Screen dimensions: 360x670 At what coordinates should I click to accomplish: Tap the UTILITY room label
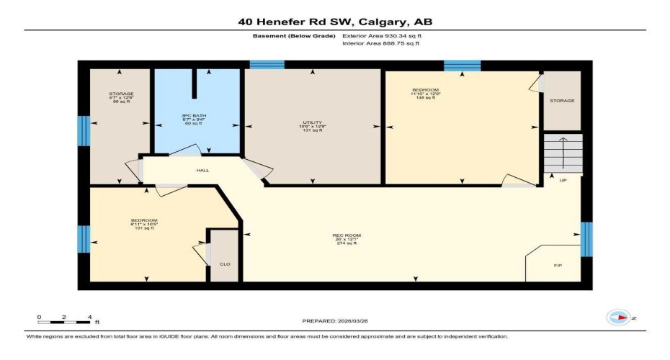coord(313,122)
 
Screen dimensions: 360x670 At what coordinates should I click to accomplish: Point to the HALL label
coord(202,171)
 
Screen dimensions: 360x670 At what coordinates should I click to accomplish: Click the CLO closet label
coord(224,265)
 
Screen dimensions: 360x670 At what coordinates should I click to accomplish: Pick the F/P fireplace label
coord(557,266)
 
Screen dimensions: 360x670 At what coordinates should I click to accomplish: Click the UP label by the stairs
coord(563,180)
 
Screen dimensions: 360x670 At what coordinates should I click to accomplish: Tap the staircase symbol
coord(562,153)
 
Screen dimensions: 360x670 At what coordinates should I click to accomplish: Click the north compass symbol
coord(618,318)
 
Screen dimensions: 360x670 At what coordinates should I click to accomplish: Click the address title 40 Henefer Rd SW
coord(335,22)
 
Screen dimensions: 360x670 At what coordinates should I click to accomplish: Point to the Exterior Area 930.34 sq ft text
coord(380,35)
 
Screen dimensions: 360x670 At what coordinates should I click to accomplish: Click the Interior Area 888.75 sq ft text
coord(380,43)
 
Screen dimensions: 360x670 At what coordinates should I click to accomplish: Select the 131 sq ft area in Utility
coord(313,131)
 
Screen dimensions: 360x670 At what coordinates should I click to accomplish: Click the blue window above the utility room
coord(267,65)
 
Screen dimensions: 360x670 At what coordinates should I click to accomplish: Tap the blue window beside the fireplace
coord(586,239)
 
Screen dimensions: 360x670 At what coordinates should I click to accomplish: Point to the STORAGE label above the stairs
coord(562,101)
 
